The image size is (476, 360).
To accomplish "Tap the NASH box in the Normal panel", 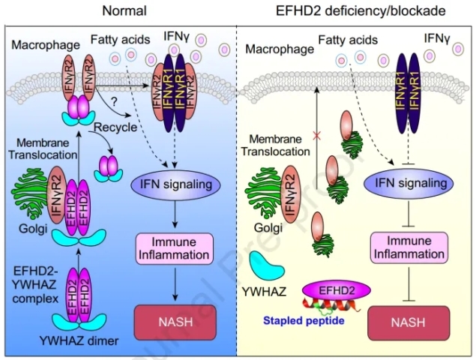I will (174, 322).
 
